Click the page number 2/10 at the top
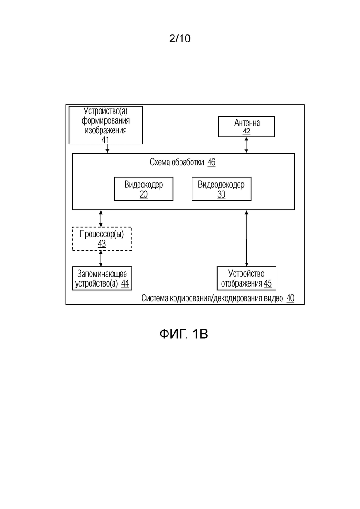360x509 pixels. pyautogui.click(x=180, y=39)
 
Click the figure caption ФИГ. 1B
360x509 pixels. pyautogui.click(x=184, y=334)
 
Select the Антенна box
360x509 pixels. pyautogui.click(x=246, y=126)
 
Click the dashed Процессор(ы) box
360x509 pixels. pyautogui.click(x=102, y=239)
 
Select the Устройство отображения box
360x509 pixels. pyautogui.click(x=246, y=278)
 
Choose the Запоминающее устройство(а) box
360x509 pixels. pyautogui.click(x=102, y=278)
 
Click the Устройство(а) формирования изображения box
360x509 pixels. pyautogui.click(x=106, y=125)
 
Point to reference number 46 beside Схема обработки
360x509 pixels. pyautogui.click(x=211, y=162)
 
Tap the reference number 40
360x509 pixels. pyautogui.click(x=290, y=298)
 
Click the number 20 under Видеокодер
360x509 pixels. pyautogui.click(x=144, y=194)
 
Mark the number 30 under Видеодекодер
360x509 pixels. pyautogui.click(x=221, y=194)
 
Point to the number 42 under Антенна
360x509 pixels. pyautogui.click(x=246, y=132)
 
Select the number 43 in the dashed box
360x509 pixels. pyautogui.click(x=102, y=244)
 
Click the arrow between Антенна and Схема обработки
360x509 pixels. pyautogui.click(x=246, y=145)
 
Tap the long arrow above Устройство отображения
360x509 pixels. pyautogui.click(x=246, y=238)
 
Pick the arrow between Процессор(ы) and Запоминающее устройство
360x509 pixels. pyautogui.click(x=101, y=258)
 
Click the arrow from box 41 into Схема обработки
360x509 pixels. pyautogui.click(x=107, y=149)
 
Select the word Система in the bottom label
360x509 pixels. pyautogui.click(x=155, y=298)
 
